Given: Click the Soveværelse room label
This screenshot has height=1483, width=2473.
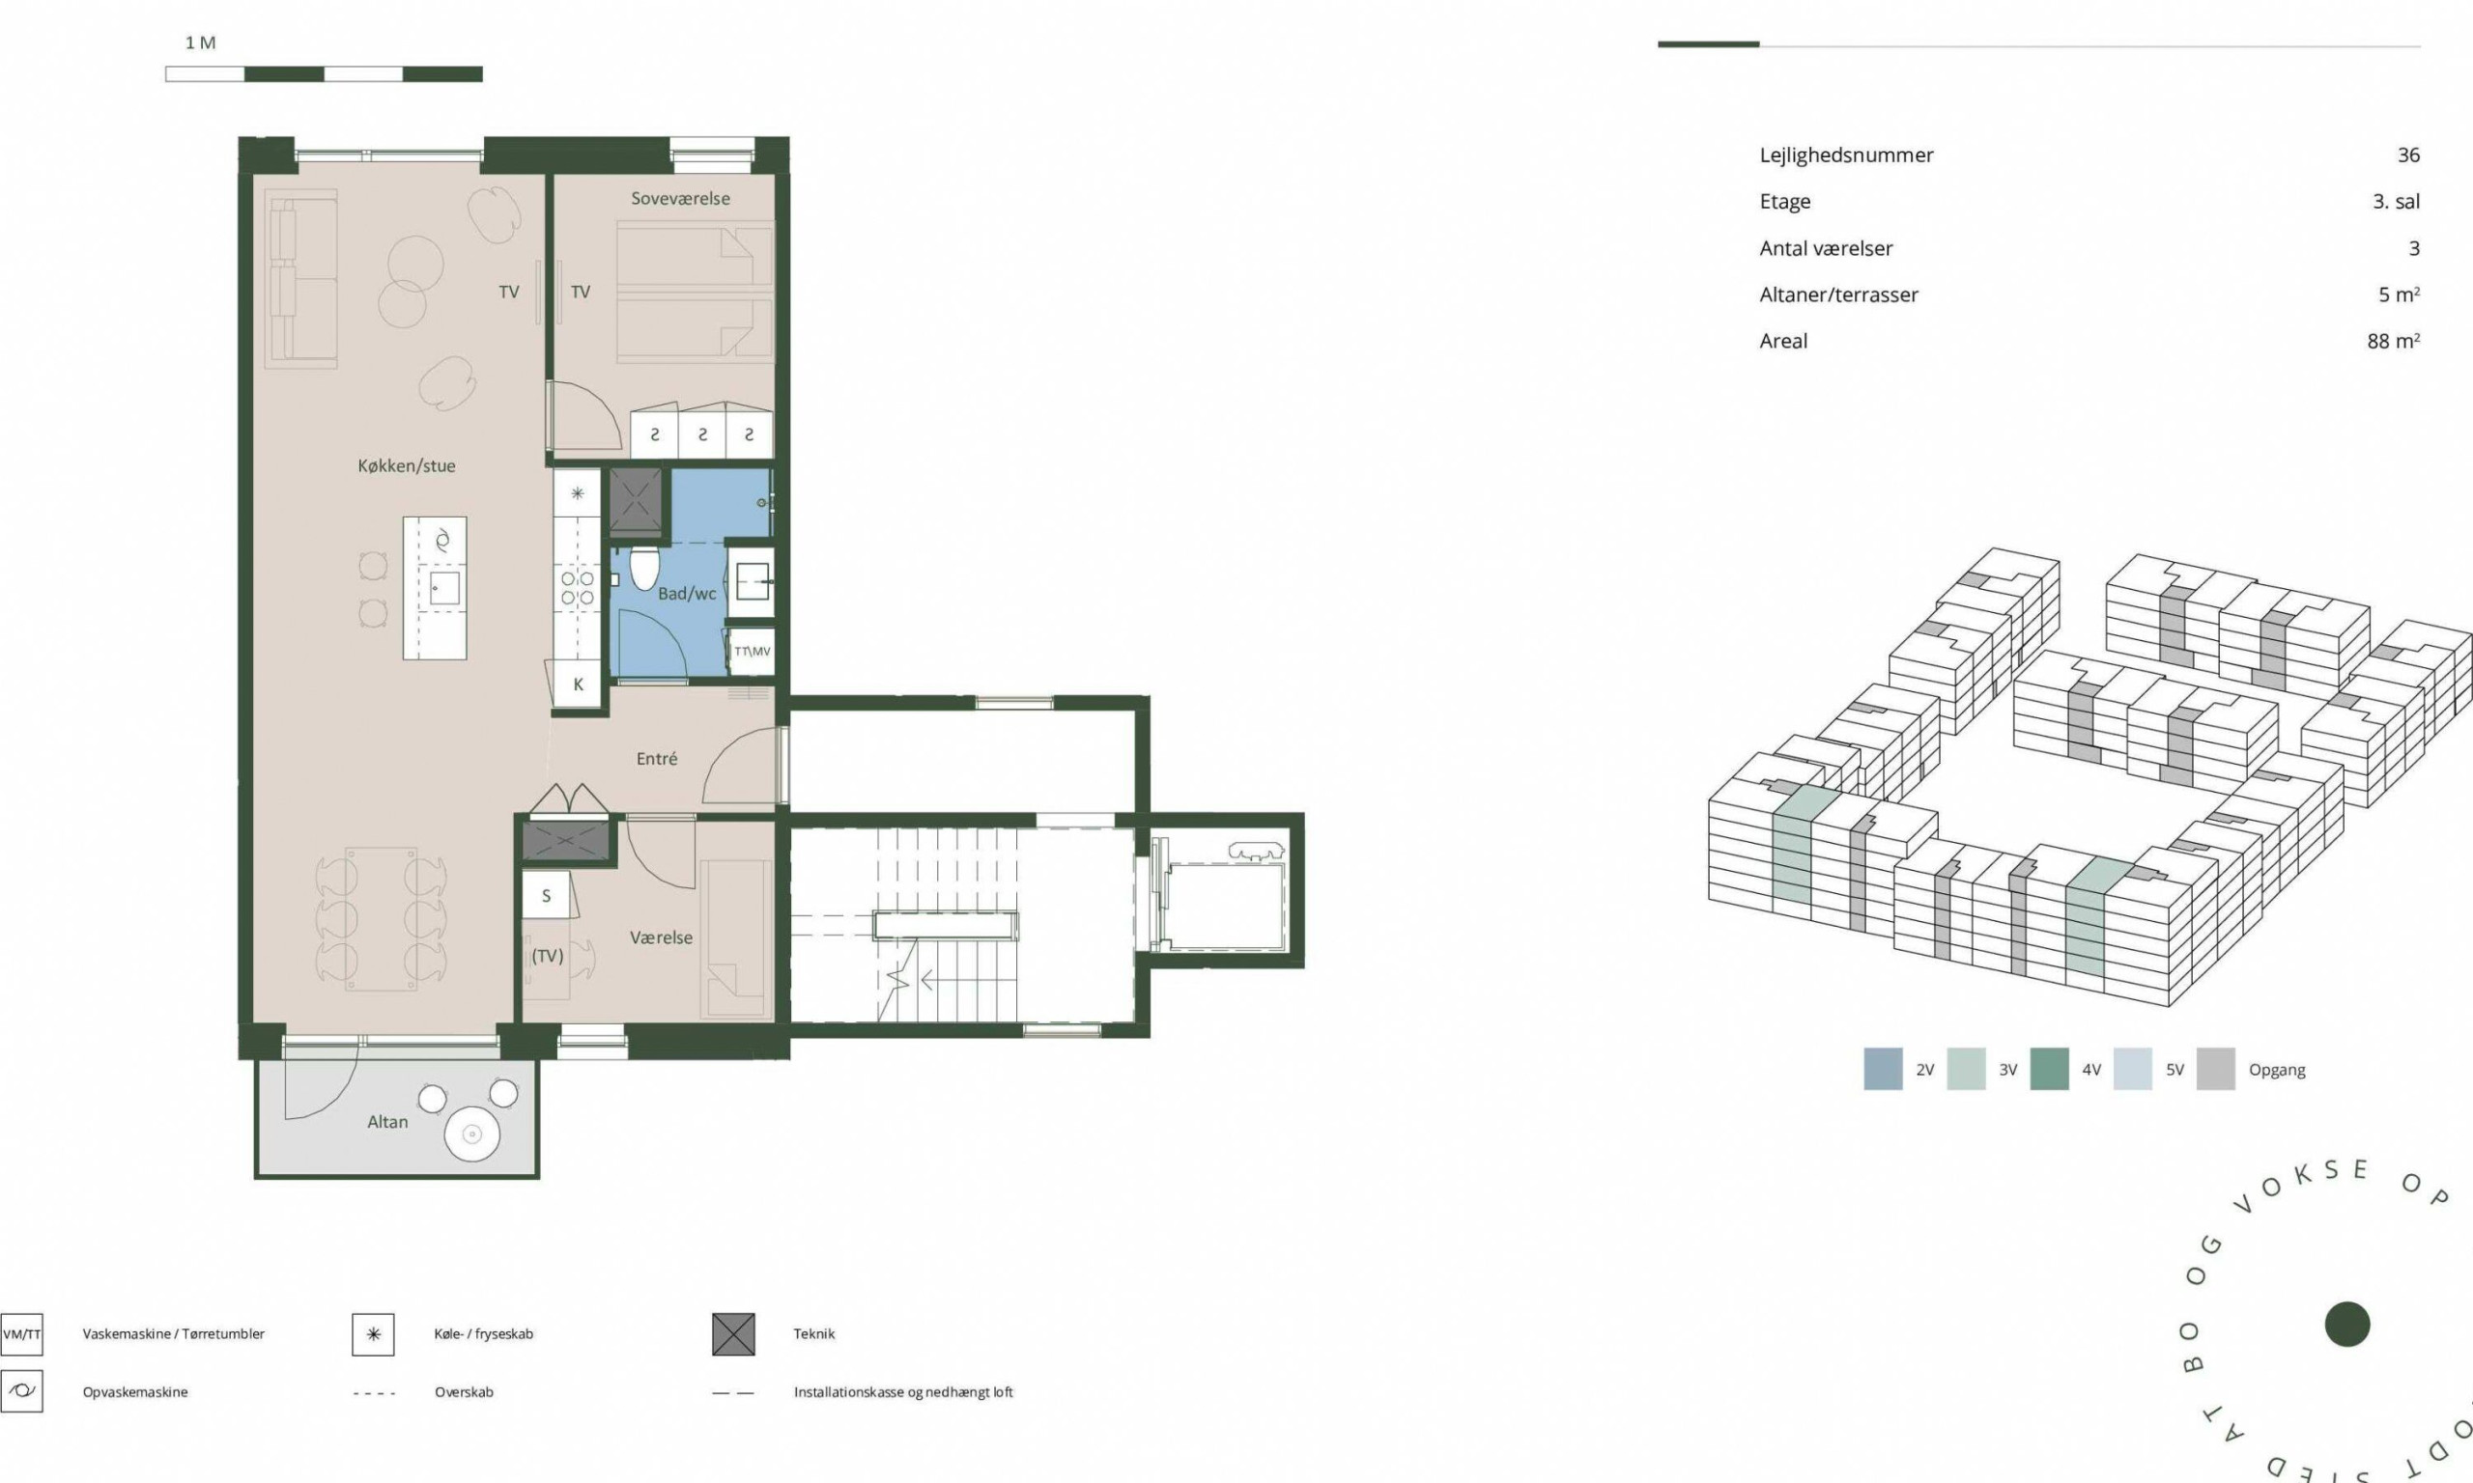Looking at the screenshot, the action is (x=680, y=199).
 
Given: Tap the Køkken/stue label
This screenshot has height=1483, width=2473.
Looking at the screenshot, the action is (x=407, y=465).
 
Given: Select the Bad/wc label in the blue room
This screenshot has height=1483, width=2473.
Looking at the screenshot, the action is (x=687, y=594).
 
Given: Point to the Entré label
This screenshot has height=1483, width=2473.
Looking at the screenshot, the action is (x=657, y=759).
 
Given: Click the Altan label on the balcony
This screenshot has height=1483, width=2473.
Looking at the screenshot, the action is (x=387, y=1122).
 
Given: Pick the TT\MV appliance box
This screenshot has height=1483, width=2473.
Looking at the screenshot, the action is (x=752, y=652).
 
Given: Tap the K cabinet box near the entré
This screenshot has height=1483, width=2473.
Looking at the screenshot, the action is (x=578, y=685).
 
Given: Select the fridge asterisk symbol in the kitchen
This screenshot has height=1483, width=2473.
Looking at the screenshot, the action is (x=578, y=493).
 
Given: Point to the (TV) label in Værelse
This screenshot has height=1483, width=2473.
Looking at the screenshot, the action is (x=547, y=957).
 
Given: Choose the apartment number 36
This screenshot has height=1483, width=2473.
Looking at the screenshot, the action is (x=2408, y=154).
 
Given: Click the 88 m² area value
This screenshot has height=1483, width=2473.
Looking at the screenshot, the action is (x=2393, y=341).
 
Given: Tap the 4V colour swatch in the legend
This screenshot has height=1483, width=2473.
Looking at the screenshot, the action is (x=2049, y=1069).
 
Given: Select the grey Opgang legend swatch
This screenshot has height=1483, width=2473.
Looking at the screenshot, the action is (x=2215, y=1069).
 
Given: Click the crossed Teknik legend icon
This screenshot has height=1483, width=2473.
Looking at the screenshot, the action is (x=734, y=1334).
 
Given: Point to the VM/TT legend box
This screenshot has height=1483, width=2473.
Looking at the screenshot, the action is (x=22, y=1334).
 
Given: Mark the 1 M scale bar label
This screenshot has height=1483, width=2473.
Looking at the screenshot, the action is (x=200, y=43).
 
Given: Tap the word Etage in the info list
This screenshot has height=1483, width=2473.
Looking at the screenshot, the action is (x=1784, y=202).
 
